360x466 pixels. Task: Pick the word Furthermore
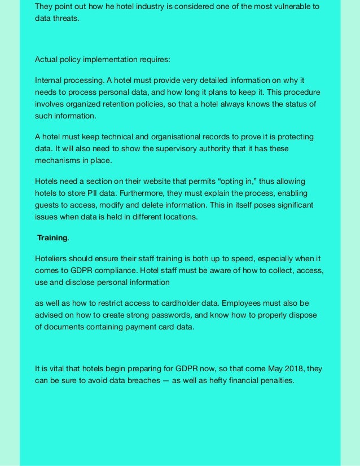[140, 193]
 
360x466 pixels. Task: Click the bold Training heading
[52, 238]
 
